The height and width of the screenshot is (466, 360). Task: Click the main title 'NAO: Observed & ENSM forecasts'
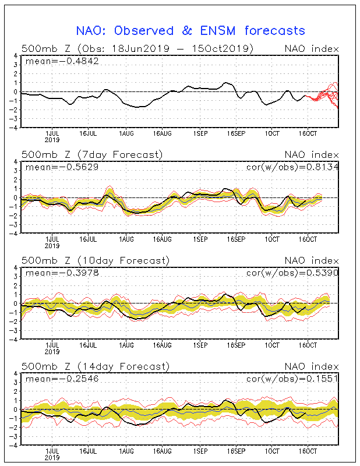(190, 31)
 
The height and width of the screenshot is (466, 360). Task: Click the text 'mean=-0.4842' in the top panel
(62, 61)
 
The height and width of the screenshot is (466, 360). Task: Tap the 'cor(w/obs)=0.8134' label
(292, 167)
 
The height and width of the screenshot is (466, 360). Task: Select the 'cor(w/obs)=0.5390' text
(292, 273)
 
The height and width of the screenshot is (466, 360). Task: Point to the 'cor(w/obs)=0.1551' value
(292, 379)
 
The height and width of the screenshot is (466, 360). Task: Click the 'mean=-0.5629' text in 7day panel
(62, 167)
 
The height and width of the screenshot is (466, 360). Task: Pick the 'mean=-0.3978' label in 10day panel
(62, 273)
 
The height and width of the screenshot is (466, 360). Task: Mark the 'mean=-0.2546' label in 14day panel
(62, 379)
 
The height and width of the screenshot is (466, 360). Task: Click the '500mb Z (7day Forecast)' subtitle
(92, 155)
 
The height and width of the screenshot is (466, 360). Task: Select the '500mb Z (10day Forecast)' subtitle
(96, 260)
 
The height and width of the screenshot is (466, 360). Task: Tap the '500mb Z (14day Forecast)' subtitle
(96, 366)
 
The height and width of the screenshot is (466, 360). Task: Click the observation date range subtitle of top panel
(137, 49)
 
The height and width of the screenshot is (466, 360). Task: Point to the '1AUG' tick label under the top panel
(126, 134)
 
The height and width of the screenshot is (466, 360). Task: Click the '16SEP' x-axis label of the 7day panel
(237, 239)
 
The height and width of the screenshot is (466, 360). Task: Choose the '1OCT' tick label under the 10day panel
(272, 345)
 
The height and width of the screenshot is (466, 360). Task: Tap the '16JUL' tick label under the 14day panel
(88, 451)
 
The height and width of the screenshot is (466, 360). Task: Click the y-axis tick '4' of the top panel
(16, 55)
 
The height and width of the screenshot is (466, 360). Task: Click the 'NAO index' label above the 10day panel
(312, 261)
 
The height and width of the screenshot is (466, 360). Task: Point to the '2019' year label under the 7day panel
(52, 246)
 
